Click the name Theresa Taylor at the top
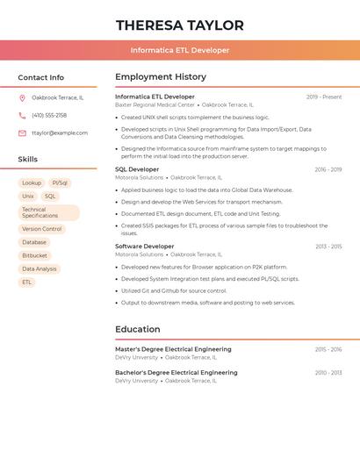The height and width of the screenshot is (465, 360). click(x=180, y=25)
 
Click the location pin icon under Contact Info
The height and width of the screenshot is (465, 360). click(x=22, y=97)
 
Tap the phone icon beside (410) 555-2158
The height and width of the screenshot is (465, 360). click(x=22, y=115)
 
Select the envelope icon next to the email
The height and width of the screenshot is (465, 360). click(x=22, y=133)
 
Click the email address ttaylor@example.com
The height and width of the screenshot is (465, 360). click(x=60, y=133)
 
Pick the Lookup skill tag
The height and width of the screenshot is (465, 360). click(x=32, y=183)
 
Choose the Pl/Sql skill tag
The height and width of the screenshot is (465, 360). click(x=59, y=183)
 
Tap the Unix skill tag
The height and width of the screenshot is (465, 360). click(x=28, y=197)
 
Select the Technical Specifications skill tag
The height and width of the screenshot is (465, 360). click(x=48, y=212)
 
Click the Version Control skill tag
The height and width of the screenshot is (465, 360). click(x=42, y=229)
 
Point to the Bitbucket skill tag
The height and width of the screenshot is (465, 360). click(x=35, y=255)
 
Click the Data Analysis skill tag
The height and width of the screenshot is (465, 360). click(x=40, y=269)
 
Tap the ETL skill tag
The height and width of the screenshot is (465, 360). click(x=26, y=283)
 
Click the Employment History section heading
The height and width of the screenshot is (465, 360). click(x=161, y=77)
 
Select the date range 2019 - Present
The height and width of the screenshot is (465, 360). click(x=324, y=97)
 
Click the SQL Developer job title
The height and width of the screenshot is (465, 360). click(x=137, y=169)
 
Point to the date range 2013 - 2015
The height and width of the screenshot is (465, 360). click(x=328, y=247)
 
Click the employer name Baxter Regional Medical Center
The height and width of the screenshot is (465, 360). click(x=155, y=104)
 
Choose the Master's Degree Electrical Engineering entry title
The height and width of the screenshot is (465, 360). click(x=173, y=349)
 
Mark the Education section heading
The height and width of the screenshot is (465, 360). click(x=137, y=330)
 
